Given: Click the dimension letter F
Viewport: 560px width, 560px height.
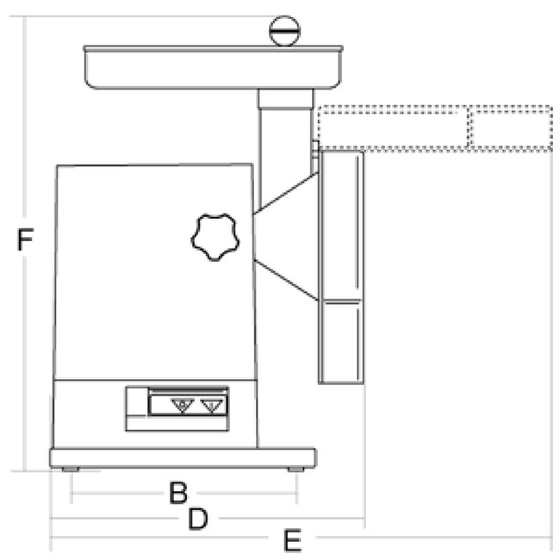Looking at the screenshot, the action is pos(25,240).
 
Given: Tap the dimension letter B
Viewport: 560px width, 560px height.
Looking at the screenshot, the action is pos(178,493).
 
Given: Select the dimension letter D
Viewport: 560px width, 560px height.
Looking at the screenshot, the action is pos(198,519).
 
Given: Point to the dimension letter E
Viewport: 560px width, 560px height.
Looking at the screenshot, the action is pos(293,540).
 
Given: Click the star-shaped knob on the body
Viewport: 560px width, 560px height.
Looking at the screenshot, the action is pos(215,237).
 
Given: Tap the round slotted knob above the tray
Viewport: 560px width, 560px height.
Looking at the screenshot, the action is pos(284,31).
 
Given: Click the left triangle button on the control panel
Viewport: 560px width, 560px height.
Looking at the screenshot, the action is pos(183,406).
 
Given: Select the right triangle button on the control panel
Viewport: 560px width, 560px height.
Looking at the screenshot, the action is pos(212,406).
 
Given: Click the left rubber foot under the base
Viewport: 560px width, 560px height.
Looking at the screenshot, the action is pos(71,470).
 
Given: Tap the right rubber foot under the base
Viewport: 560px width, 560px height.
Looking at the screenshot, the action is pos(296,470).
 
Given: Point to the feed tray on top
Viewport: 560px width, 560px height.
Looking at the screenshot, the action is pos(213,67).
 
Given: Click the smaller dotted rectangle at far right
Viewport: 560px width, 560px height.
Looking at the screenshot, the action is pos(511,128).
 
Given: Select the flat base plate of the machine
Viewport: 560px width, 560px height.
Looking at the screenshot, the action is pos(183,457).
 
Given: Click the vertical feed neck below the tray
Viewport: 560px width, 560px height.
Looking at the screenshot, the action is pos(286,150).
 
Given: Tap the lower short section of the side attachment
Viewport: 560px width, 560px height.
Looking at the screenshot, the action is pos(341,342).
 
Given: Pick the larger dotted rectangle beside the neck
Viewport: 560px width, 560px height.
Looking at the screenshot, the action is pos(393,128).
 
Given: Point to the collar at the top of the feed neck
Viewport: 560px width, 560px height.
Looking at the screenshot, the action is pos(286,99).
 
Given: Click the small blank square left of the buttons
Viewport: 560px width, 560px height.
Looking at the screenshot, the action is pos(137,401).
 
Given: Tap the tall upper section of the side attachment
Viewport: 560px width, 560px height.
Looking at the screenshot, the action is pos(341,226).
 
